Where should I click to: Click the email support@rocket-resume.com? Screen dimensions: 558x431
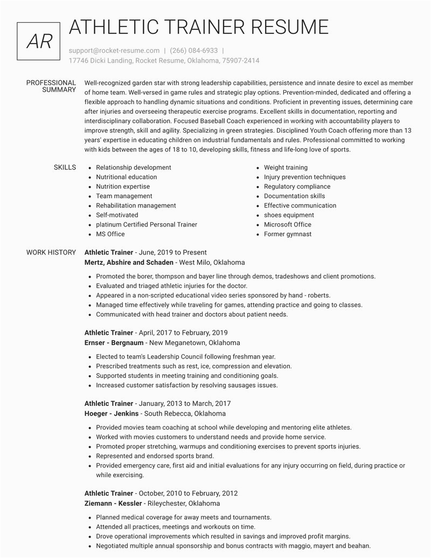pos(114,50)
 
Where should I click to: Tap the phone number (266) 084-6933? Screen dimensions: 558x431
pos(193,50)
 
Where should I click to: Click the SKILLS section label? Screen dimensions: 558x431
pos(65,168)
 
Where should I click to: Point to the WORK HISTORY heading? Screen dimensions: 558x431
pos(51,252)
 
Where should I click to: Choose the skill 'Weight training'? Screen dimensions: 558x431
pos(286,168)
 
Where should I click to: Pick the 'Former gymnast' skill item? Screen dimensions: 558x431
pos(288,234)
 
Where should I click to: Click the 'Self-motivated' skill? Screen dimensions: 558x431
pos(117,215)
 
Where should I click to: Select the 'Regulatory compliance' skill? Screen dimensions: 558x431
pos(297,187)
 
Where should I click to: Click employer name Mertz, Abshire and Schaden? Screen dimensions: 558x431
pos(129,263)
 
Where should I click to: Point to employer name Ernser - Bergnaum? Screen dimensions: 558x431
pos(114,343)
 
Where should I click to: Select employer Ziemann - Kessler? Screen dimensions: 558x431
pos(113,504)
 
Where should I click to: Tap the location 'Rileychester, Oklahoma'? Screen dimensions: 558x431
pos(184,504)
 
